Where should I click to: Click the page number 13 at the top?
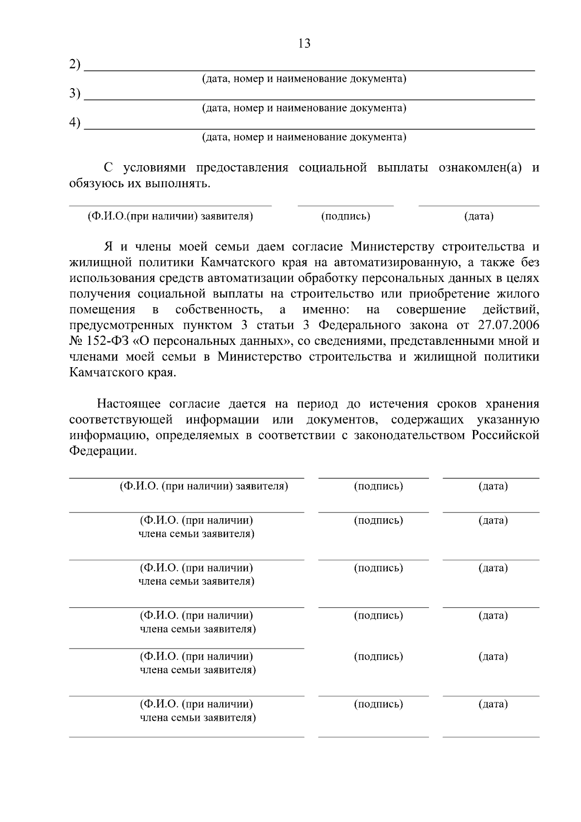pyautogui.click(x=305, y=44)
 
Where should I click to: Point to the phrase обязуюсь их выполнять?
pyautogui.click(x=140, y=184)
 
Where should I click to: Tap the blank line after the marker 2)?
pyautogui.click(x=310, y=69)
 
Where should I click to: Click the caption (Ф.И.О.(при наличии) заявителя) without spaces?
pyautogui.click(x=170, y=216)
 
